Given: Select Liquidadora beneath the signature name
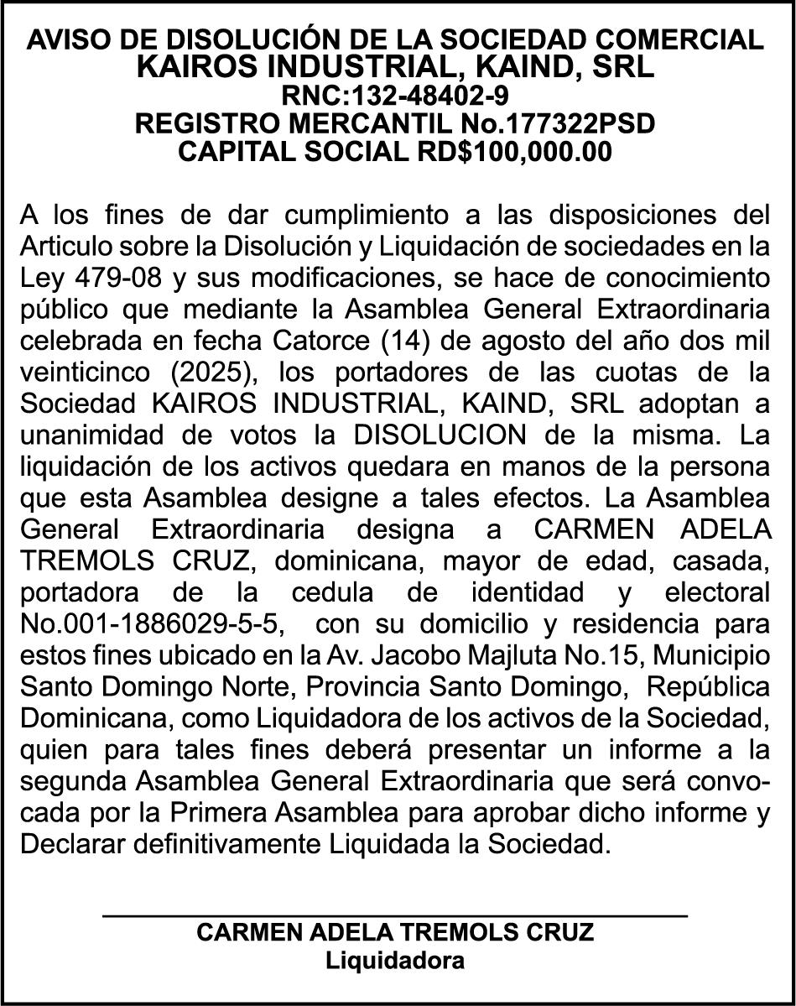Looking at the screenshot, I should [395, 961].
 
